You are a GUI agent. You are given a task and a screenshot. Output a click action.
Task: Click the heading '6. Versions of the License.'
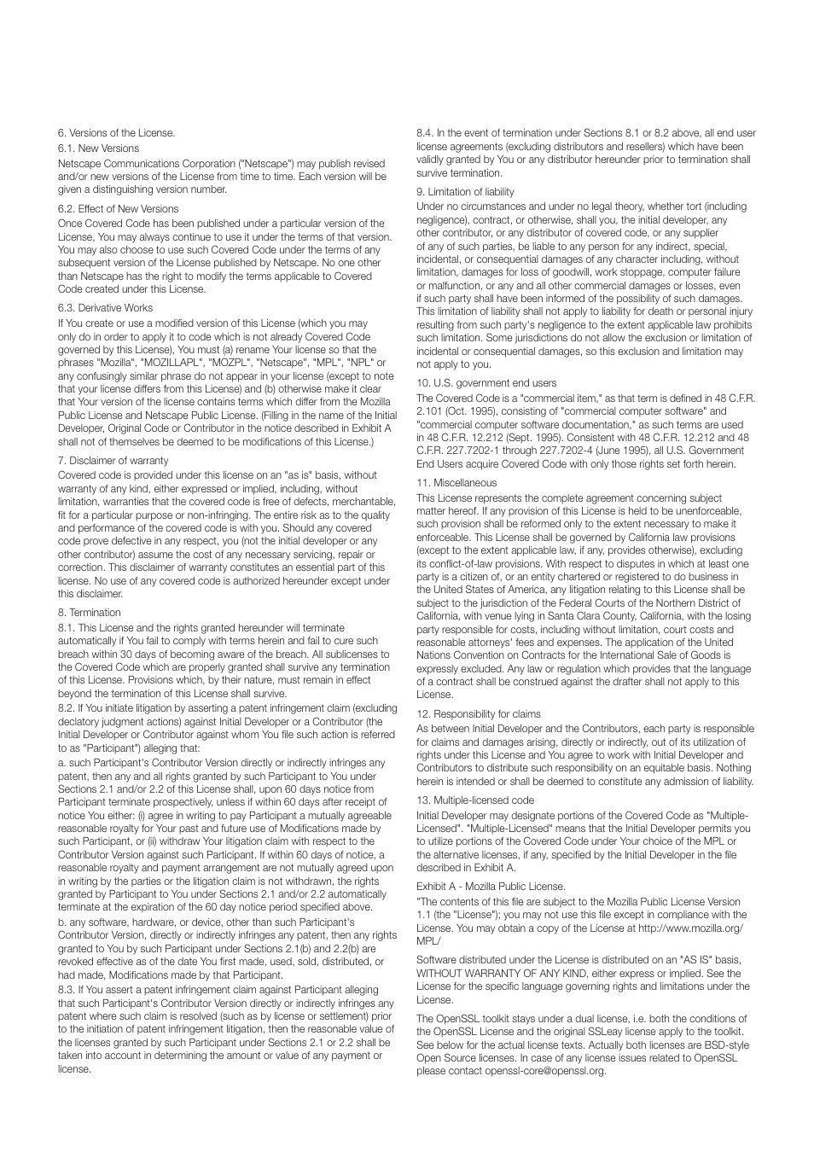[116, 133]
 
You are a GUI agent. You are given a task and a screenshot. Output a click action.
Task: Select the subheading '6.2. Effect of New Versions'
[118, 209]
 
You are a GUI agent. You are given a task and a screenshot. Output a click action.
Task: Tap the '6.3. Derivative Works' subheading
[105, 308]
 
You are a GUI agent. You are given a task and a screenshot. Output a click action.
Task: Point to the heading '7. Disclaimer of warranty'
[113, 461]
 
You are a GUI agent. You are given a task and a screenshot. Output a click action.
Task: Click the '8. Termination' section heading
[89, 613]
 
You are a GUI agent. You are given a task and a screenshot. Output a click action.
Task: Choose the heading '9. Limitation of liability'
[465, 192]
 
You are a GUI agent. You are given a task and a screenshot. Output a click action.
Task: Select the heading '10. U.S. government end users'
[485, 383]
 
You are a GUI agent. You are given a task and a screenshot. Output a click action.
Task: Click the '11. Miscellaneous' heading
[456, 483]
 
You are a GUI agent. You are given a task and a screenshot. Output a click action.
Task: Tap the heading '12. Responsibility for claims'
[478, 714]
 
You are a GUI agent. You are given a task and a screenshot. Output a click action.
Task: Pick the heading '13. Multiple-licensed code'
[474, 800]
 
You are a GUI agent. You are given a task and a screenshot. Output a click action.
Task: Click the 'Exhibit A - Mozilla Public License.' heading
[491, 887]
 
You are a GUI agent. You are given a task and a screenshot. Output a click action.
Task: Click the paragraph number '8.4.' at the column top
[425, 133]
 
